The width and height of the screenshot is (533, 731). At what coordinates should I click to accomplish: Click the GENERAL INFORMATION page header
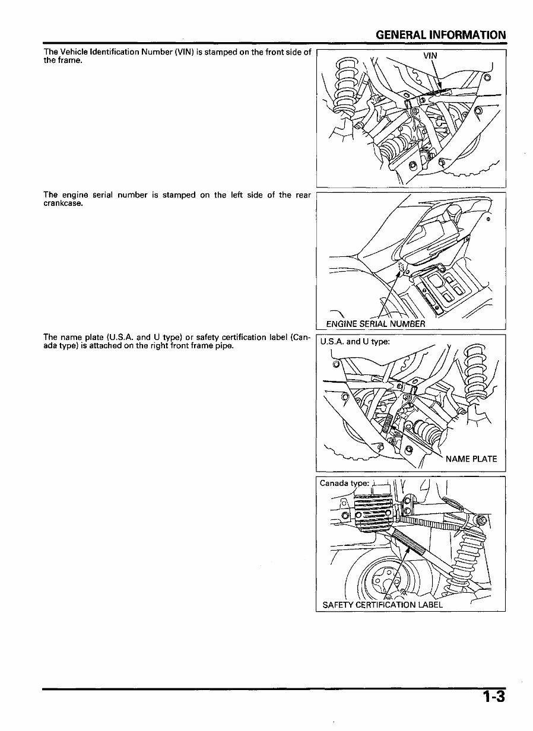(441, 35)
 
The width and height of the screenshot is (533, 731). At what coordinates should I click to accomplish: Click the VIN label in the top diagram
(430, 56)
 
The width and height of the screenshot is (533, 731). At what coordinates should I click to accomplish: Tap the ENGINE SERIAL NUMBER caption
(376, 324)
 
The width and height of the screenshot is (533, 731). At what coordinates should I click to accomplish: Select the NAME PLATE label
(471, 459)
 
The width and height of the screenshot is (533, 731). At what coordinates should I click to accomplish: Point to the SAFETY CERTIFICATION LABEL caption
(382, 605)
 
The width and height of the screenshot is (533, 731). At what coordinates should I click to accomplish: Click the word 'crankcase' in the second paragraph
(62, 204)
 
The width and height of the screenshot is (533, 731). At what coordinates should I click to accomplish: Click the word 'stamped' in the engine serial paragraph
(179, 195)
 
